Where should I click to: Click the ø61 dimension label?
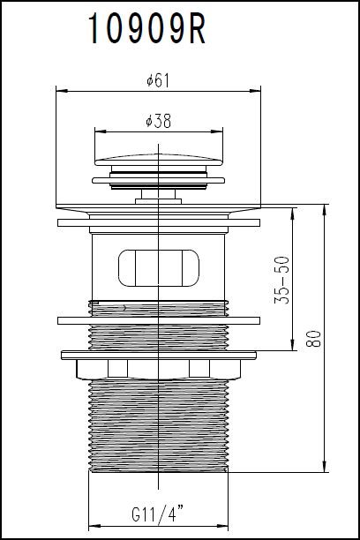[x=159, y=80]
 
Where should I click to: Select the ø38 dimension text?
[x=159, y=122]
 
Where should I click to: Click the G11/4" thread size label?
[x=159, y=514]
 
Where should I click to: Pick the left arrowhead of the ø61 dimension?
[x=59, y=90]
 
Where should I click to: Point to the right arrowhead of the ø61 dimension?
[x=259, y=90]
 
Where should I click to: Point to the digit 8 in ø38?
[x=167, y=122]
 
